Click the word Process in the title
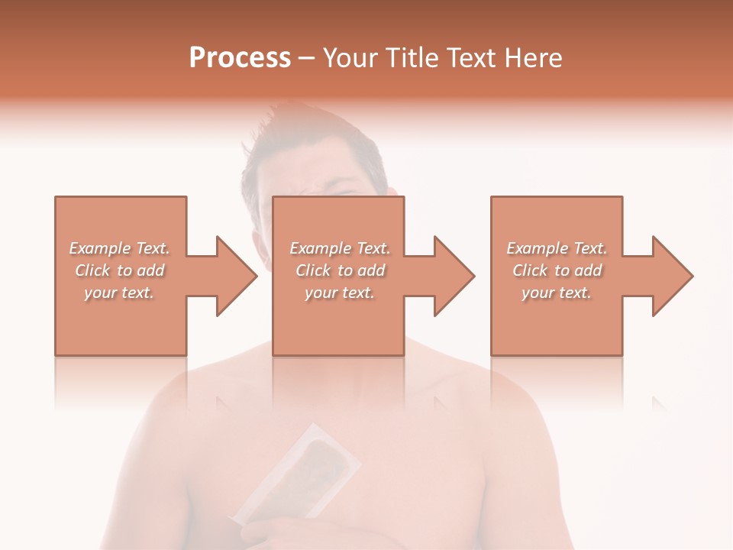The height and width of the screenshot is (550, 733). point(240,58)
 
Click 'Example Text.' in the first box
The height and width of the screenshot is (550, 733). point(119,248)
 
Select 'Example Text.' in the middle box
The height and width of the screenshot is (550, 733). point(340,248)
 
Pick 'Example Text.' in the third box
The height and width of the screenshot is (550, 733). point(557,248)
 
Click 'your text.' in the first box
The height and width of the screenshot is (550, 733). point(119,293)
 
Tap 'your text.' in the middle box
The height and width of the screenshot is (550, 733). point(340,293)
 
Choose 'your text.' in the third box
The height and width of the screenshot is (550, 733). point(557,293)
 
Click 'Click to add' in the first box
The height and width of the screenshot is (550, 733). point(119,270)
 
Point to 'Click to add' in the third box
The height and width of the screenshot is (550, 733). point(557,270)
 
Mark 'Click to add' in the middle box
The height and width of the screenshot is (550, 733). point(340,270)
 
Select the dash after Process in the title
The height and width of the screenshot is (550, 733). point(306,59)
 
